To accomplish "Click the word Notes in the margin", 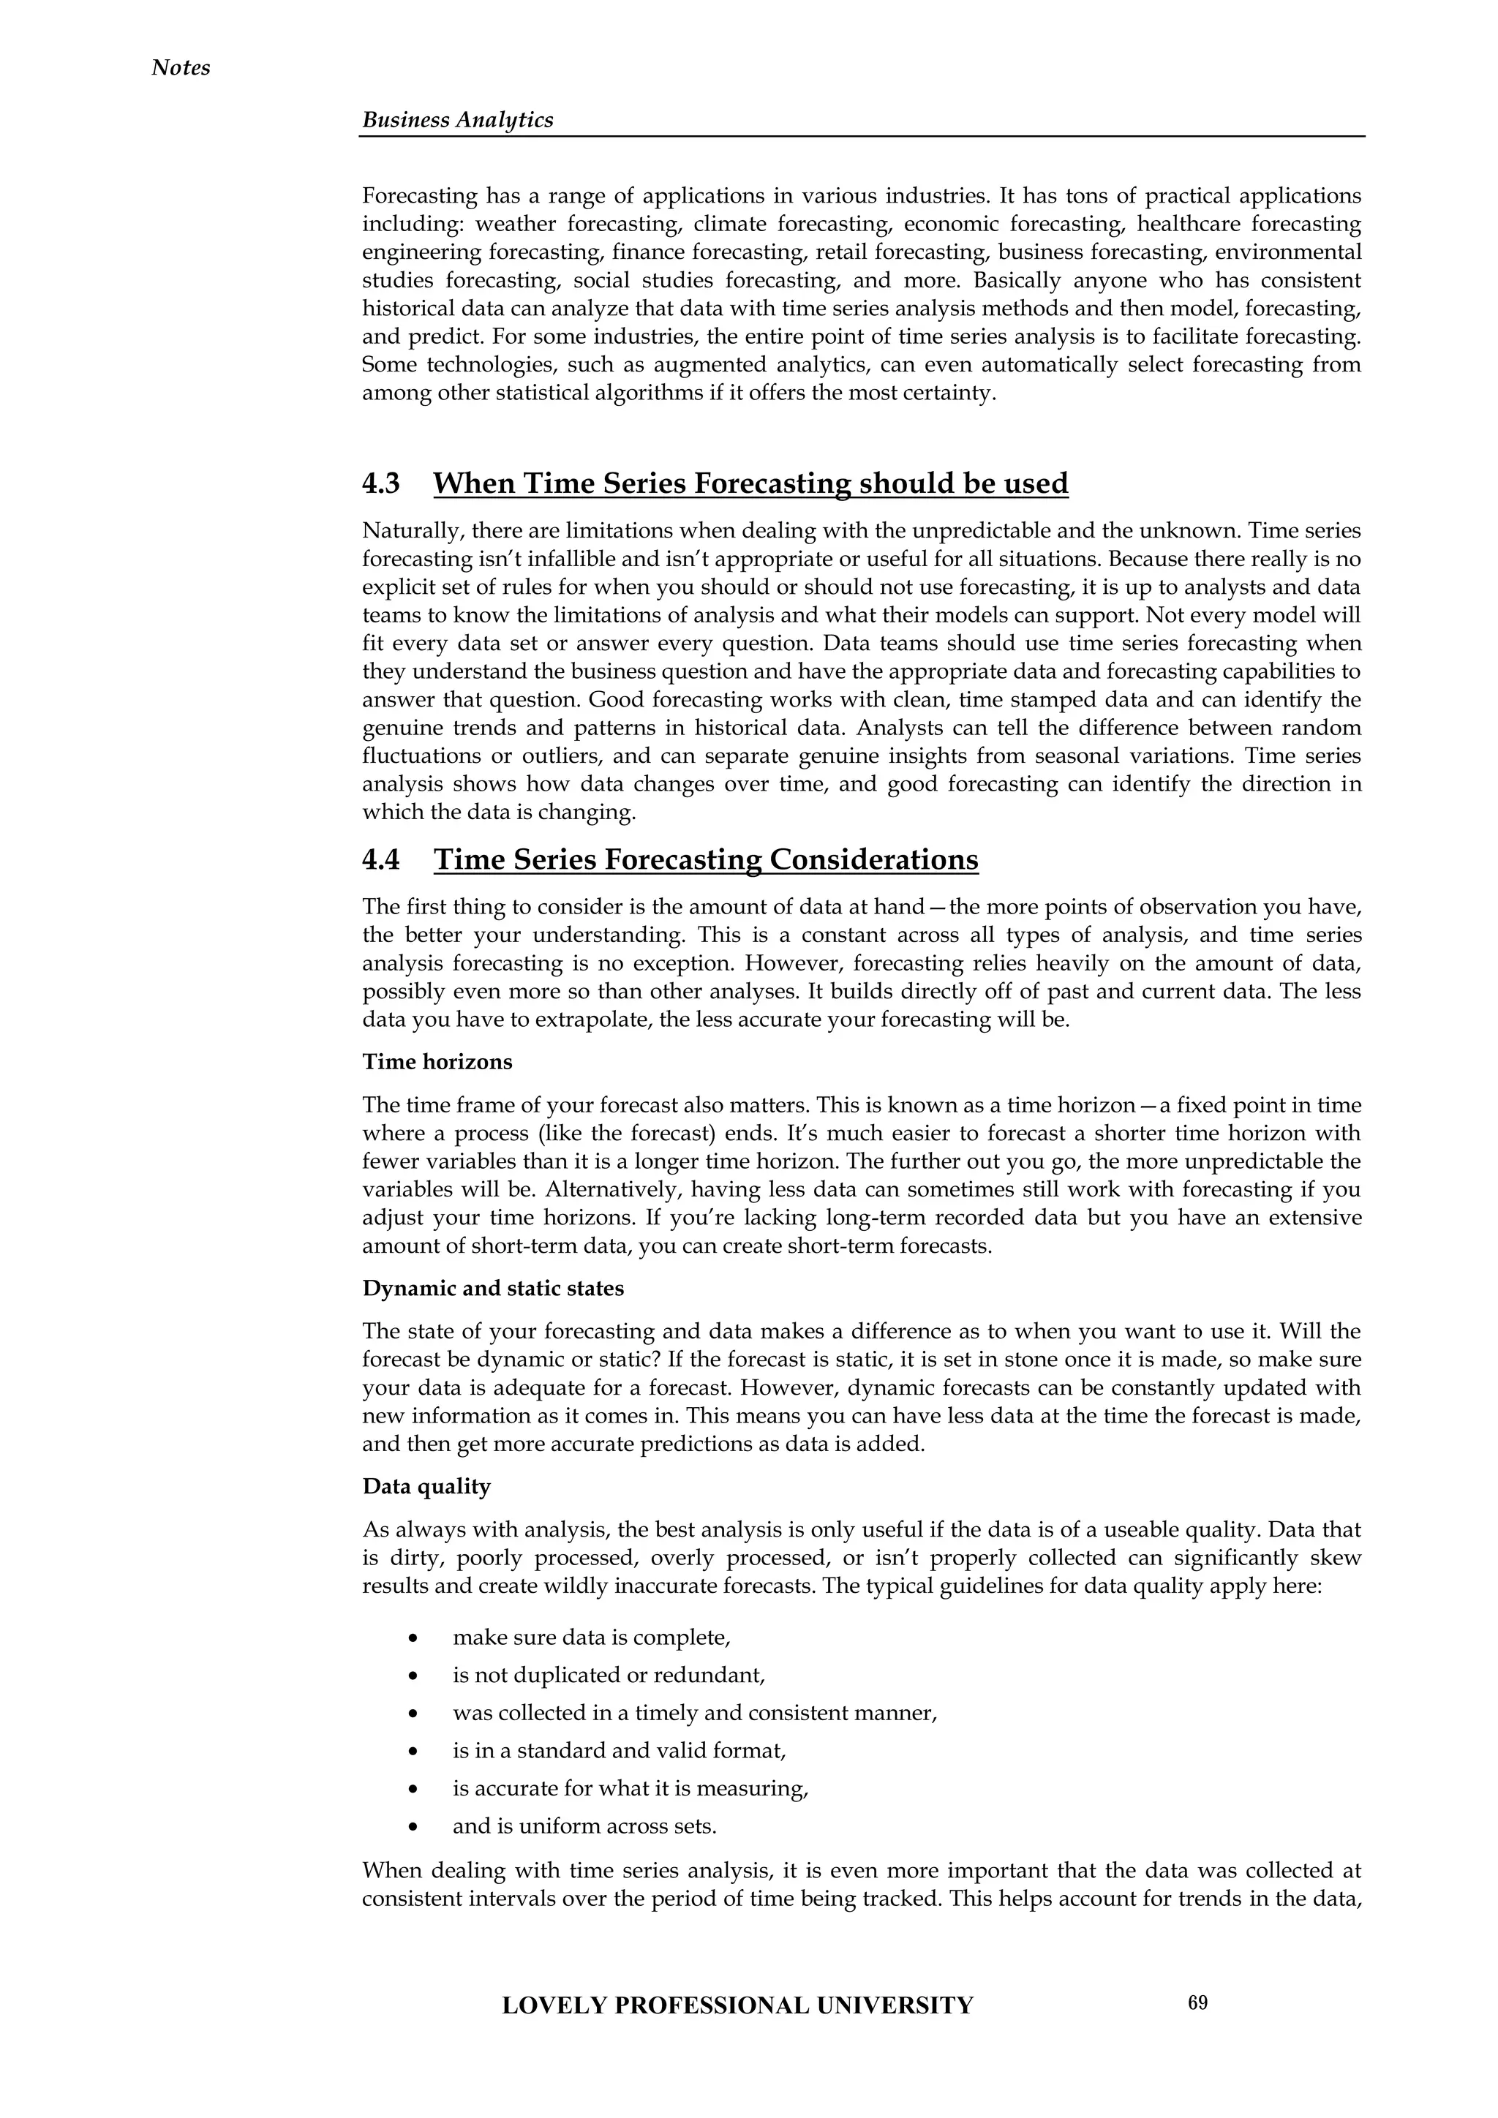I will click(x=181, y=68).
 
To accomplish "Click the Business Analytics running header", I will click(x=457, y=120).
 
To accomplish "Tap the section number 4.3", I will click(x=381, y=483).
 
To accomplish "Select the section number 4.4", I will click(x=381, y=860).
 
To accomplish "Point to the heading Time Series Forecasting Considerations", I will click(x=706, y=860).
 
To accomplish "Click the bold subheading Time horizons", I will click(x=437, y=1062).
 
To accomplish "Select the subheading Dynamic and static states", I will click(x=492, y=1289).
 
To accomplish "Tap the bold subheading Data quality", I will click(x=426, y=1486).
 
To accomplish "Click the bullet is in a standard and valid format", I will click(x=618, y=1750).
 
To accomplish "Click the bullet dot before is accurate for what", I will click(x=414, y=1790).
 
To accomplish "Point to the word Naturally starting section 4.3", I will click(x=405, y=532).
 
